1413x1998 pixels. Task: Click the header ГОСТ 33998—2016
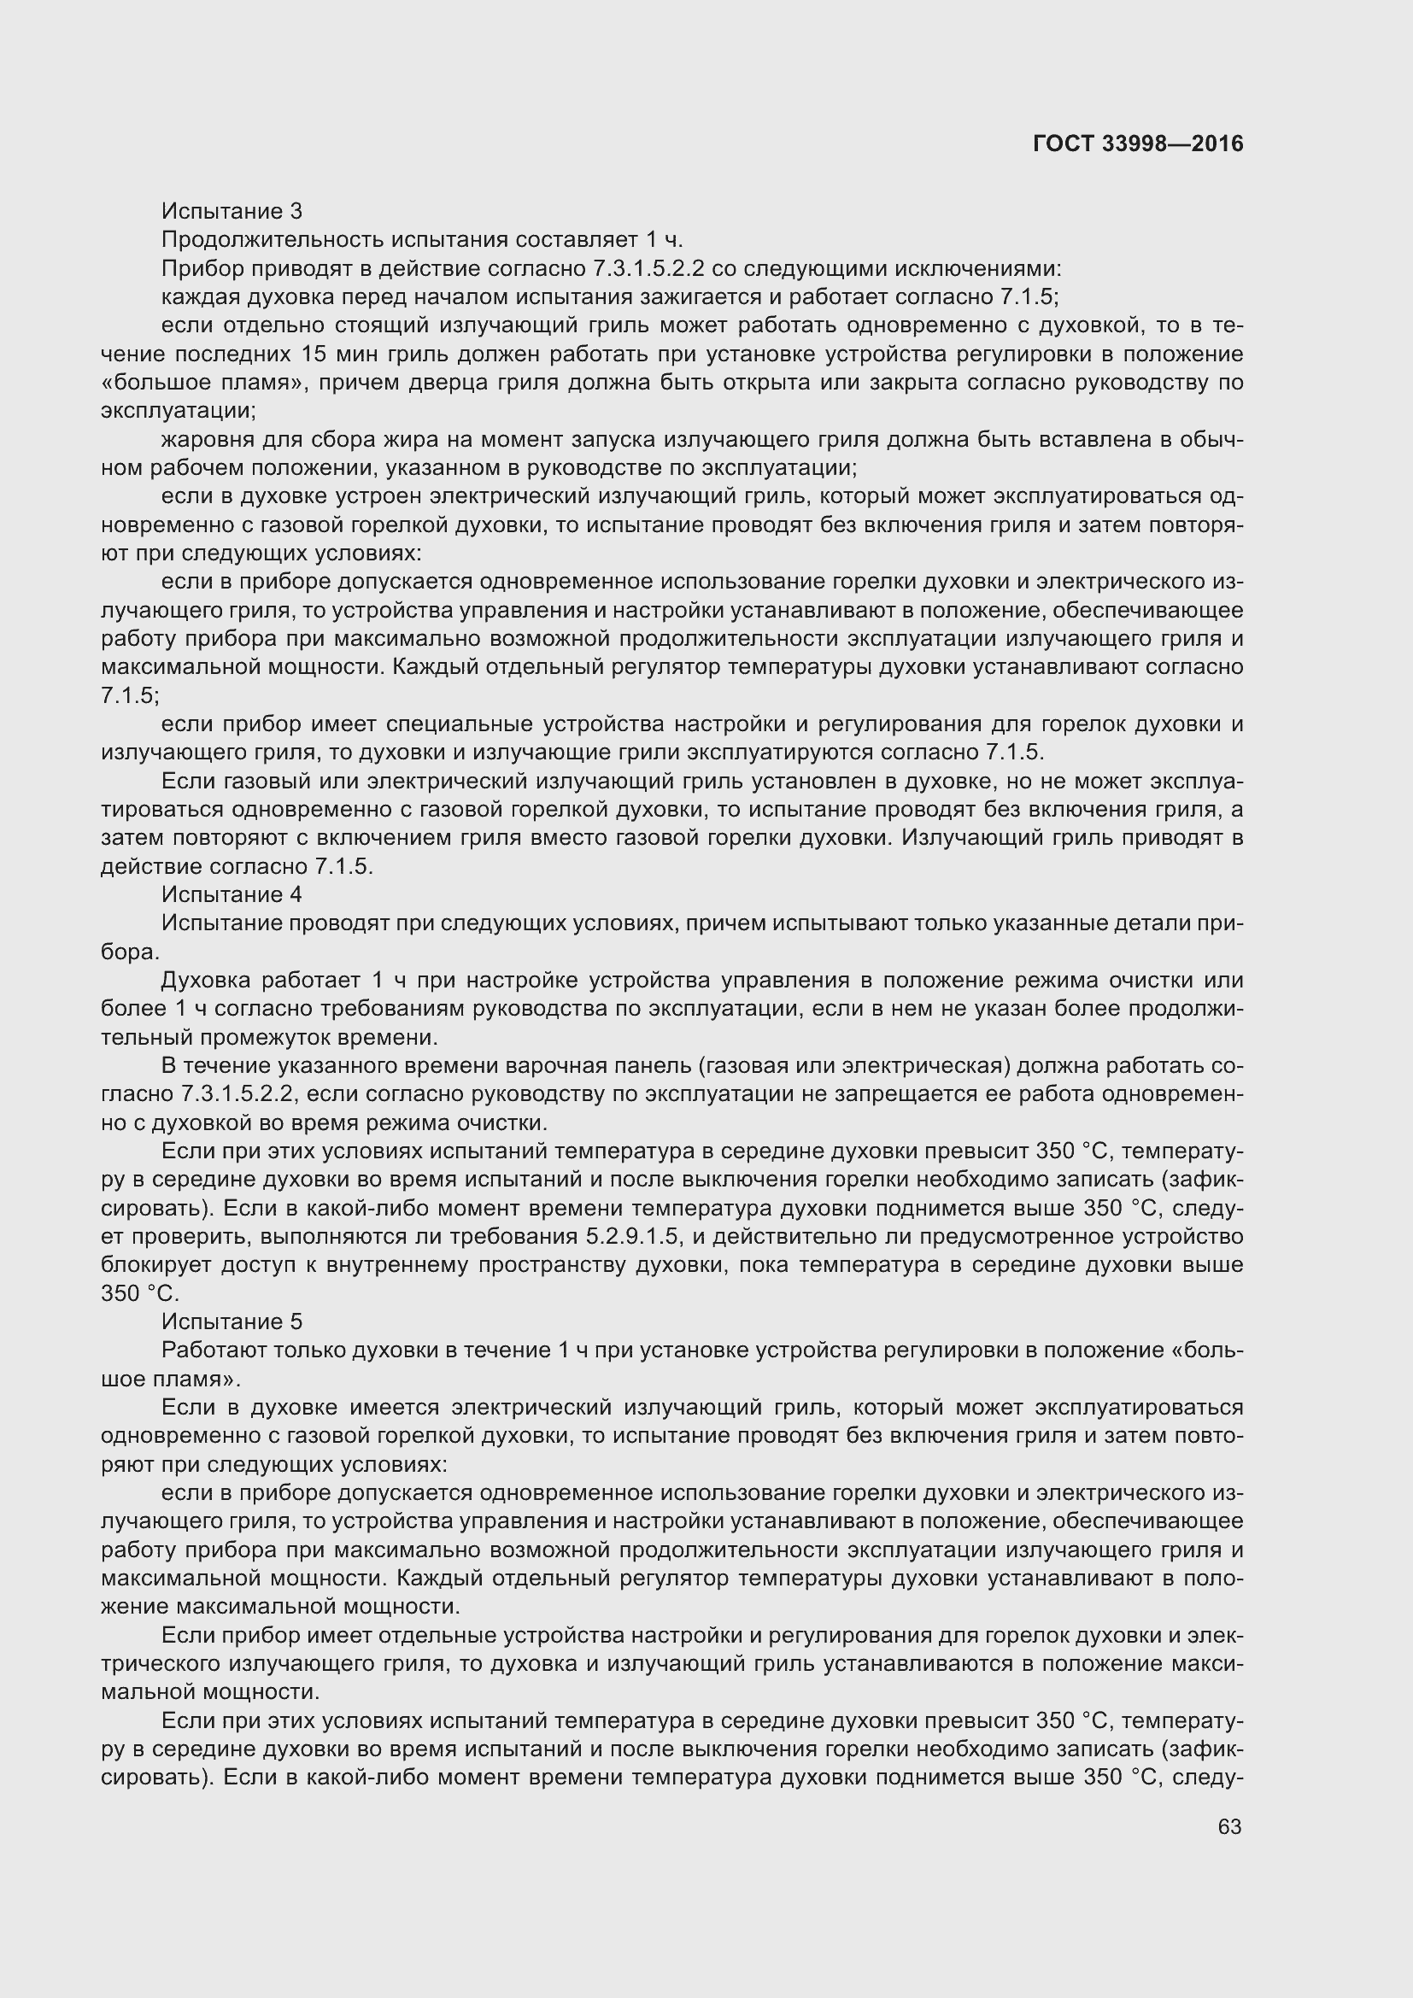coord(1138,144)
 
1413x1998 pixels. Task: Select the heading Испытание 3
coord(232,211)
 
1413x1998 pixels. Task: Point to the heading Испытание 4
coord(232,894)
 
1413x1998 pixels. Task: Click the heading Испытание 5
coord(232,1321)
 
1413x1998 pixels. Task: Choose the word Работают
coord(210,1351)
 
